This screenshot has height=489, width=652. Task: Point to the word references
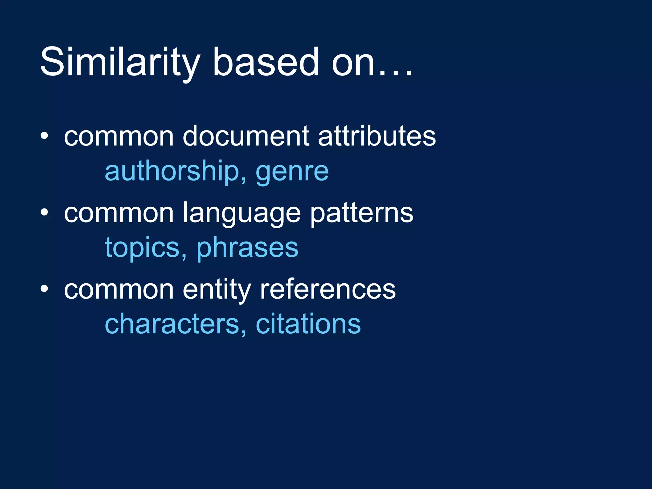click(328, 290)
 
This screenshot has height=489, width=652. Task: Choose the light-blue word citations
click(308, 324)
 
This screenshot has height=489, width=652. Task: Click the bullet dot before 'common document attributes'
click(44, 136)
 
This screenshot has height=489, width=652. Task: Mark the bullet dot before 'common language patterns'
click(44, 212)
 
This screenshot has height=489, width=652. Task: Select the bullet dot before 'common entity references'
click(44, 289)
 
